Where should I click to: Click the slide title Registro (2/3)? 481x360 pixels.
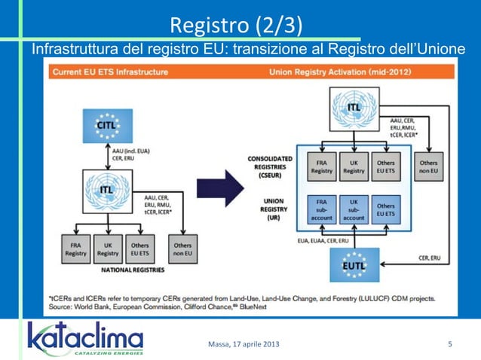tap(237, 26)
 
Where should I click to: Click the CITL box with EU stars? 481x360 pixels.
tap(107, 125)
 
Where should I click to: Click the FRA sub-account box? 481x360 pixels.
tap(322, 208)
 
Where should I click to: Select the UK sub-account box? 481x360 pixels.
tap(354, 208)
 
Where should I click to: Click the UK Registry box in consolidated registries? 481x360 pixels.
tap(354, 166)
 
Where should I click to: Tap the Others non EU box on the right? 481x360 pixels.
tap(428, 166)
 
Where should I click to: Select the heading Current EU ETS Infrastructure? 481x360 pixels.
tap(110, 72)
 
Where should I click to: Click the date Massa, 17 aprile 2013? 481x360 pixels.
tap(242, 345)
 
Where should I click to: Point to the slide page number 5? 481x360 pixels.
tap(449, 345)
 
